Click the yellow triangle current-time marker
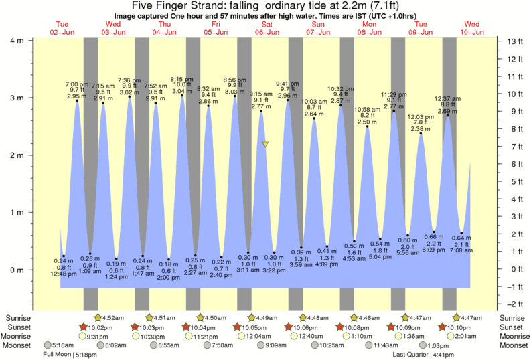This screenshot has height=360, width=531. point(266,144)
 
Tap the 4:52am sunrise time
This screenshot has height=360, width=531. point(115,317)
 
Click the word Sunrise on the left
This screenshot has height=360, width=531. point(19,317)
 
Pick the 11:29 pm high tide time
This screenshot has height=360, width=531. point(394,94)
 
